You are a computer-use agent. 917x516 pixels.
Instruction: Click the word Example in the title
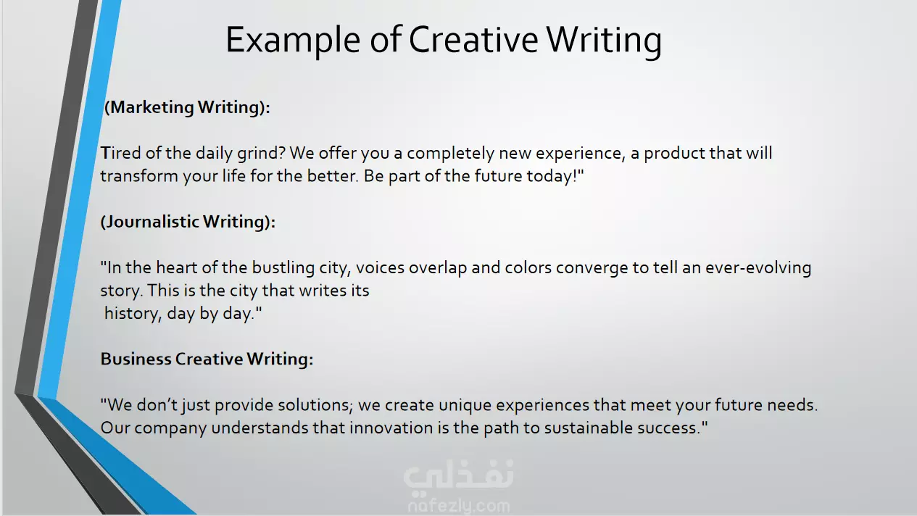pyautogui.click(x=293, y=41)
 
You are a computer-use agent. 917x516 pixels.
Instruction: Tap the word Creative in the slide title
pyautogui.click(x=473, y=39)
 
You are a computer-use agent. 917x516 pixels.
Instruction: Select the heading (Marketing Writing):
pyautogui.click(x=187, y=107)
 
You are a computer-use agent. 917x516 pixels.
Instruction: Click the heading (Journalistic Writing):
pyautogui.click(x=188, y=222)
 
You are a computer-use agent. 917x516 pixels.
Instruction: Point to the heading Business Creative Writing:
pyautogui.click(x=207, y=359)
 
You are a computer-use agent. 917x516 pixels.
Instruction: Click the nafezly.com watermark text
pyautogui.click(x=459, y=507)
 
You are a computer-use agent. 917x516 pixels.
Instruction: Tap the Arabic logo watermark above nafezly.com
pyautogui.click(x=458, y=475)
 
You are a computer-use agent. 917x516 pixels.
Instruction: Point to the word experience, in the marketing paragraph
pyautogui.click(x=581, y=154)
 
